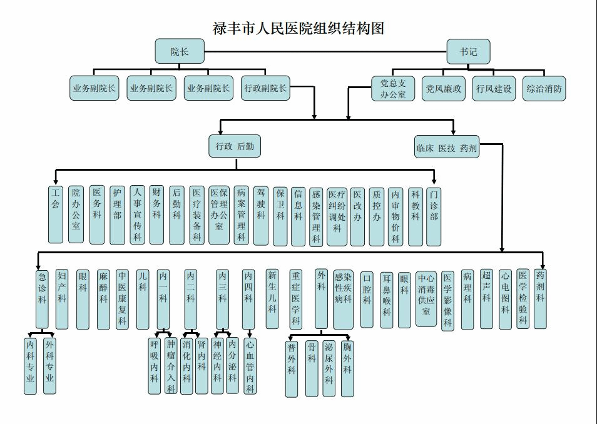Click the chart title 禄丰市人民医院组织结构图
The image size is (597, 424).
click(x=298, y=28)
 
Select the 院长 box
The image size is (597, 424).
click(x=180, y=51)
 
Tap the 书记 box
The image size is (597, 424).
click(x=468, y=51)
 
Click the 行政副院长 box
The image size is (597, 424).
click(x=265, y=88)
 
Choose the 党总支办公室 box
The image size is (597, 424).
click(x=393, y=88)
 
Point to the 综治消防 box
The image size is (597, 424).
click(x=544, y=88)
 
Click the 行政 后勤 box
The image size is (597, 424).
click(x=234, y=146)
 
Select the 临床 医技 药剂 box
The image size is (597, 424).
click(x=447, y=148)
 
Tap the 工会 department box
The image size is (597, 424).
click(x=56, y=214)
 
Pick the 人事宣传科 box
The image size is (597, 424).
click(x=137, y=215)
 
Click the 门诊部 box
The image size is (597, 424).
click(x=434, y=215)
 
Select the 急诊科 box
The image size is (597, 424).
click(x=42, y=298)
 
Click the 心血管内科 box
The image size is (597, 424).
click(x=250, y=366)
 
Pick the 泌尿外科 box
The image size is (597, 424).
click(x=329, y=368)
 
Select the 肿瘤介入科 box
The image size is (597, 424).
click(x=170, y=366)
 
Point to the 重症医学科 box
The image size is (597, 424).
click(x=296, y=298)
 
